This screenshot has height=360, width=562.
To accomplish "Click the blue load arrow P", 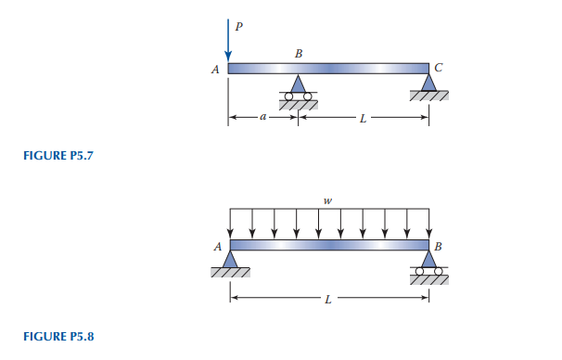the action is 228,41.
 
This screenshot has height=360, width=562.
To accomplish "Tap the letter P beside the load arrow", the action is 238,26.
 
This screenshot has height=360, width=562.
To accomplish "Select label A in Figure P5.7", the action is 215,70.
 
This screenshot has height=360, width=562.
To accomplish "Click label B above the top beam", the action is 299,54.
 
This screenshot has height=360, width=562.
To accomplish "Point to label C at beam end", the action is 439,68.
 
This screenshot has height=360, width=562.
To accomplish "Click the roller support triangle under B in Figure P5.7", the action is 298,84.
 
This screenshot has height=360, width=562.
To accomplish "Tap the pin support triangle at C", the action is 428,82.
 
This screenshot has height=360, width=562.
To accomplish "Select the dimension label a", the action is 263,117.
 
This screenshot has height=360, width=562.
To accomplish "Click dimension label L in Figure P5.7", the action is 364,119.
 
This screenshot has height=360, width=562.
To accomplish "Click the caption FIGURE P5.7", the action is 58,156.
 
